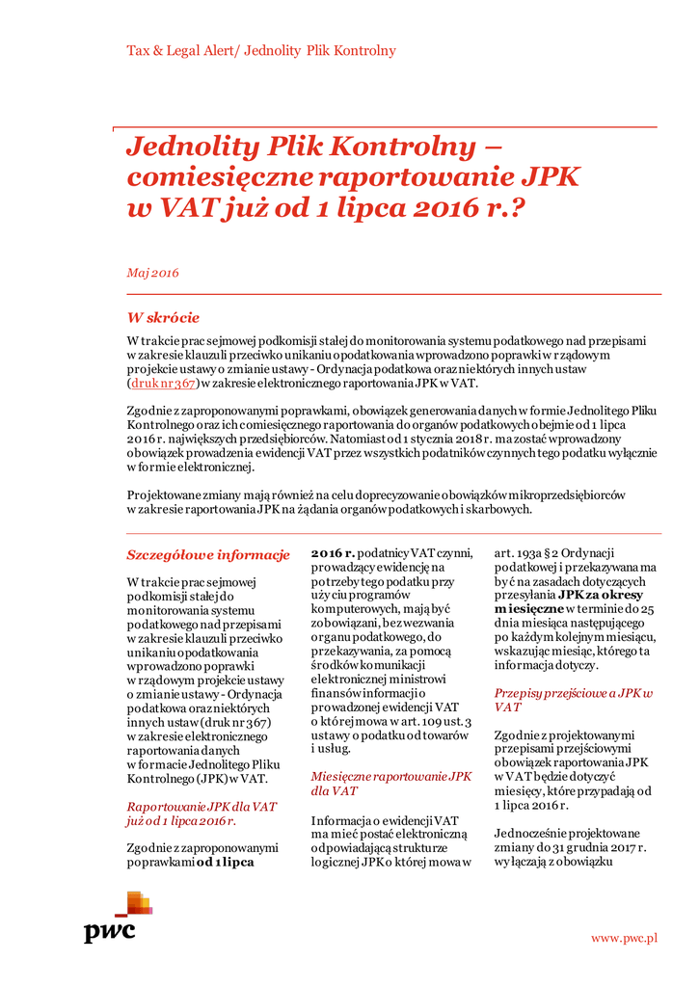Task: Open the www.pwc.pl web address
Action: pos(624,937)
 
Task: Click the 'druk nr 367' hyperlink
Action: pos(163,383)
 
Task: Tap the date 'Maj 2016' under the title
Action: pos(152,273)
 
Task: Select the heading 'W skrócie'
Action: pos(163,317)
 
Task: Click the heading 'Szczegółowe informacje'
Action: pos(208,554)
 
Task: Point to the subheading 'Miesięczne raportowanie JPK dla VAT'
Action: pos(390,783)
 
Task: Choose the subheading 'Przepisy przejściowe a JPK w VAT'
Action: pos(573,699)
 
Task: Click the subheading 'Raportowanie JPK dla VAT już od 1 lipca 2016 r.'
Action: pos(202,813)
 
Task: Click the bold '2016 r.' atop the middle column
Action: pos(333,553)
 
